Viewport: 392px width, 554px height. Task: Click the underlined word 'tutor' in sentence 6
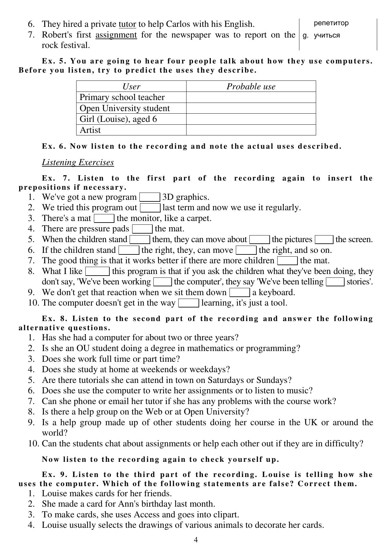(x=127, y=24)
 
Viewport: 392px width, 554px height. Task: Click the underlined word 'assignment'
(x=116, y=35)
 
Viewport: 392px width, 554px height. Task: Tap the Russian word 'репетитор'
(x=331, y=23)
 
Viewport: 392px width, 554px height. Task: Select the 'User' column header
(x=131, y=86)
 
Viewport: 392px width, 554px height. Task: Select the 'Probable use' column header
(x=251, y=86)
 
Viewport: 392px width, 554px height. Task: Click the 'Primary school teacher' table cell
(x=122, y=97)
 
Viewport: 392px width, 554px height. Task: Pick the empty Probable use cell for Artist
(x=251, y=130)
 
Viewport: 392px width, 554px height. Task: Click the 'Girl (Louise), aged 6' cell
(x=118, y=119)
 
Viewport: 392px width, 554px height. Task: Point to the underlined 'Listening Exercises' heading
(x=78, y=162)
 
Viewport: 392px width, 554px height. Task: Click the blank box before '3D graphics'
(x=150, y=197)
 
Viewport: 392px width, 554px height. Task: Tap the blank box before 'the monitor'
(x=104, y=218)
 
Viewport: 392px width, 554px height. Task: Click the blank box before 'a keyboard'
(x=240, y=293)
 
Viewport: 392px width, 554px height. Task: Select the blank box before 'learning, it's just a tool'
(x=188, y=303)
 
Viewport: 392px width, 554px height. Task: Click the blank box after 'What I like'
(x=97, y=271)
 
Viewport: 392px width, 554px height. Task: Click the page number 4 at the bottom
(x=196, y=540)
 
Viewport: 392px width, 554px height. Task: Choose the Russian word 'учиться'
(x=327, y=35)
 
